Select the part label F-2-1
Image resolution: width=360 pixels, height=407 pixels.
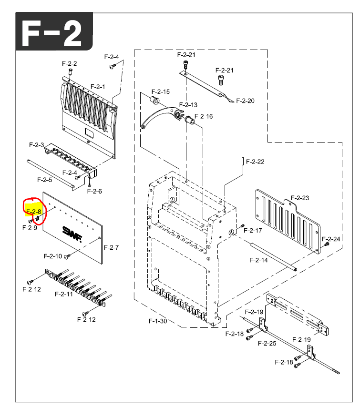pos(97,87)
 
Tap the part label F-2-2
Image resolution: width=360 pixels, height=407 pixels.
pos(69,63)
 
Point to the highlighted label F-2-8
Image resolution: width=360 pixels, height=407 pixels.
pos(34,211)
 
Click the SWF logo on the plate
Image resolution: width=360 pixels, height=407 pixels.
pos(72,232)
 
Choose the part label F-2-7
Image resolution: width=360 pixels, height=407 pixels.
pos(111,247)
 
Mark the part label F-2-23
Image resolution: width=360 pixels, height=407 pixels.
pos(300,197)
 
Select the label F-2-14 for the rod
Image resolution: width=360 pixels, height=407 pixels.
pos(258,260)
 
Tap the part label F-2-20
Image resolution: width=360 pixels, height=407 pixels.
pos(245,101)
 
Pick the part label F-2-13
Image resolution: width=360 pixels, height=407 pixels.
pos(188,105)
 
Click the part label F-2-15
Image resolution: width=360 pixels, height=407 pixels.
pos(161,92)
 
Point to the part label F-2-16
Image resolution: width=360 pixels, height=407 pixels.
pos(204,116)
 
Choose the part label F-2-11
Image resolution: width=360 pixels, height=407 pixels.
pos(63,294)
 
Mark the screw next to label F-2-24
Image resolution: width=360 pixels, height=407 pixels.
pos(327,244)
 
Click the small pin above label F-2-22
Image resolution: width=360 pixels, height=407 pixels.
pos(243,161)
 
